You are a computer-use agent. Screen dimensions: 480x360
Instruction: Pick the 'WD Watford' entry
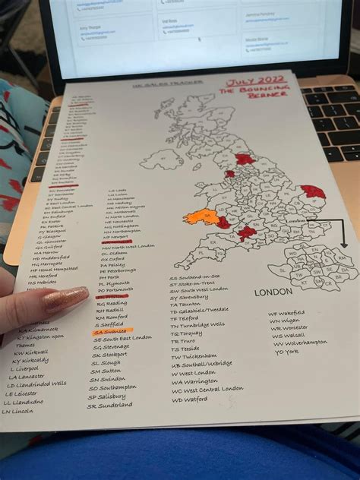[190, 399]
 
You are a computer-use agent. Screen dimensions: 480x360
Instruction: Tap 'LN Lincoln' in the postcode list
[17, 412]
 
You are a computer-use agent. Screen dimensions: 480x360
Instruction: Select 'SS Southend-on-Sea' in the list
[194, 279]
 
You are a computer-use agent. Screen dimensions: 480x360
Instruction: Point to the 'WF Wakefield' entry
[286, 313]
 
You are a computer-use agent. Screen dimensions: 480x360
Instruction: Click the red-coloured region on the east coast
[312, 192]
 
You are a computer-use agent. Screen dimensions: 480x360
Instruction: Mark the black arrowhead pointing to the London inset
[343, 245]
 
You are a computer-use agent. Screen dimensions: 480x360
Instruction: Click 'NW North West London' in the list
[128, 246]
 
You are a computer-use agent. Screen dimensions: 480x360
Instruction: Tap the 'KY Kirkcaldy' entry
[30, 360]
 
